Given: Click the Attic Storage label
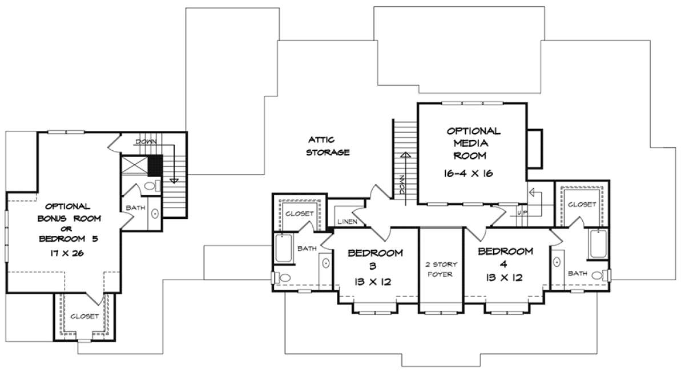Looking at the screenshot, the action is click(x=328, y=146).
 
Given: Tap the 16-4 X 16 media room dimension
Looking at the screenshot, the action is click(x=469, y=174).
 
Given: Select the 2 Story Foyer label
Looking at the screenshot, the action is click(x=440, y=269).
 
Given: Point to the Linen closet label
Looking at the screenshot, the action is click(x=348, y=221).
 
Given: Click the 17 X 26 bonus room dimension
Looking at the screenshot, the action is click(x=67, y=253).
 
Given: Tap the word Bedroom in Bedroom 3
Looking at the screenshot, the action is click(x=375, y=253).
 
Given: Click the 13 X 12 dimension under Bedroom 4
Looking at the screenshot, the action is click(x=504, y=278).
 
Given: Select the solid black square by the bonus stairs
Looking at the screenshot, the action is click(x=155, y=166).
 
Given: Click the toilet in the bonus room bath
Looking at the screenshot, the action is click(x=152, y=186).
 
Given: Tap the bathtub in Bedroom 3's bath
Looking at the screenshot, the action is click(x=284, y=249).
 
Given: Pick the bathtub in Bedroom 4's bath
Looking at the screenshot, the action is click(x=598, y=245).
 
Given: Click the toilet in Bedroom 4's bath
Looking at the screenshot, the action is click(x=601, y=275).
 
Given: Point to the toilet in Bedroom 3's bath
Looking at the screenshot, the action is click(x=281, y=278).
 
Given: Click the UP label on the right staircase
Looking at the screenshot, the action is click(x=522, y=213).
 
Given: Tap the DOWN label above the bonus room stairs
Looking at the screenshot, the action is click(x=146, y=142).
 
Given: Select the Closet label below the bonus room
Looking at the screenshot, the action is click(x=84, y=317).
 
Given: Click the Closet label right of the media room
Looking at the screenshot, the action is click(x=582, y=204).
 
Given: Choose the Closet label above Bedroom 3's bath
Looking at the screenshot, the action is click(x=300, y=214).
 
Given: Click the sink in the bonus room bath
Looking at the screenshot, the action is click(x=155, y=213).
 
